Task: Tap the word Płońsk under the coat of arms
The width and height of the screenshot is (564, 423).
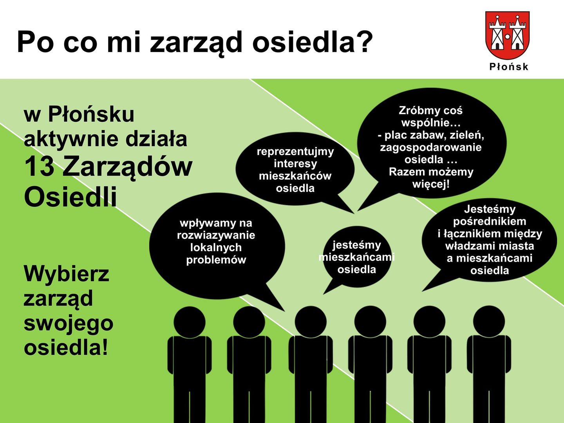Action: pyautogui.click(x=509, y=67)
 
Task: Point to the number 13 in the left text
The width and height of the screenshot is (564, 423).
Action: pyautogui.click(x=40, y=166)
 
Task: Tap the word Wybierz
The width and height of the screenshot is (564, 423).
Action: pyautogui.click(x=66, y=274)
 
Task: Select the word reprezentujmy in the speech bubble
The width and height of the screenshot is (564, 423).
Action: pyautogui.click(x=295, y=152)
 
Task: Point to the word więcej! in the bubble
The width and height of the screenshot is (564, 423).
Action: pyautogui.click(x=431, y=184)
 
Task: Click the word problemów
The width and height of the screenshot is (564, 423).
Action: pyautogui.click(x=216, y=260)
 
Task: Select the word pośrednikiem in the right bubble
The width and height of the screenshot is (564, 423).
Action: pyautogui.click(x=490, y=221)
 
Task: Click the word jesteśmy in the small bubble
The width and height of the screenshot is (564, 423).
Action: pyautogui.click(x=357, y=245)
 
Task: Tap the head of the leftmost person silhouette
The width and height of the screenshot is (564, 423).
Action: pyautogui.click(x=189, y=322)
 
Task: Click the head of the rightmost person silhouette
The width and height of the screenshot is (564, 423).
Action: pyautogui.click(x=489, y=321)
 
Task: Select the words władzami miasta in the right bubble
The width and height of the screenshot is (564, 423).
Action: pyautogui.click(x=490, y=246)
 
